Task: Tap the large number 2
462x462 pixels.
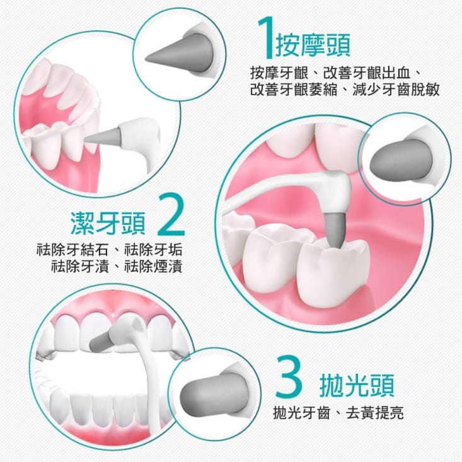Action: pyautogui.click(x=169, y=215)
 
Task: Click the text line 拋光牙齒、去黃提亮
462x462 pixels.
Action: pyautogui.click(x=338, y=413)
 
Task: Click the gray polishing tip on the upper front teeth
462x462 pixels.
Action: pyautogui.click(x=102, y=342)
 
